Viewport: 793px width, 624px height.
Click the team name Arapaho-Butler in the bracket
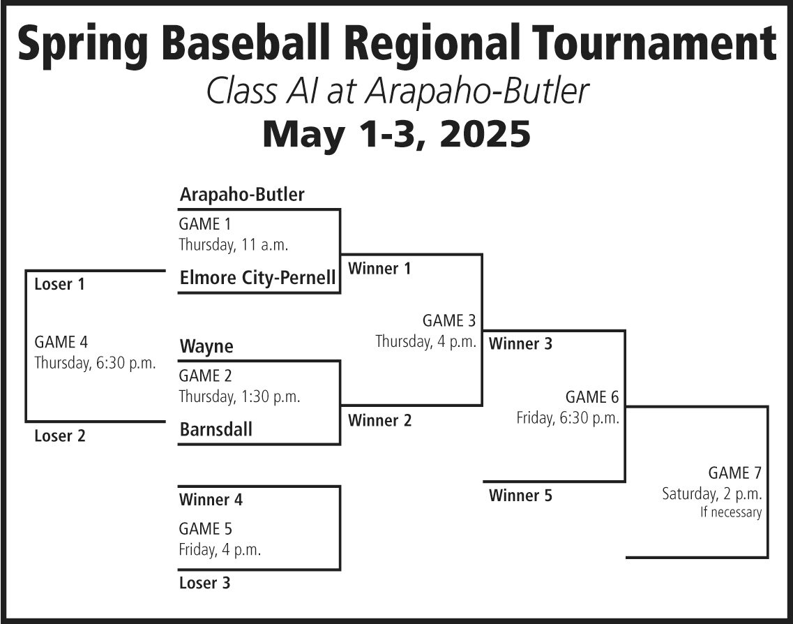[242, 194]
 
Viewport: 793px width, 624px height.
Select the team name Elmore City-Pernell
[258, 277]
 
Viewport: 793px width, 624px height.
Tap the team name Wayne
[206, 347]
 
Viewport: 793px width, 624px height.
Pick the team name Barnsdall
[216, 430]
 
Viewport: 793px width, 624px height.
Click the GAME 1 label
[205, 223]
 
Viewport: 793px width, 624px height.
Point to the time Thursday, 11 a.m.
[234, 245]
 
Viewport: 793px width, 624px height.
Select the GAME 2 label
[205, 376]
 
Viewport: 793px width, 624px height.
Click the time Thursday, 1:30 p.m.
[240, 396]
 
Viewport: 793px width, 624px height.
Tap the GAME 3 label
[449, 320]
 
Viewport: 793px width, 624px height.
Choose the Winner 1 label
[379, 268]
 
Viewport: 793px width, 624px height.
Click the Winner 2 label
[380, 420]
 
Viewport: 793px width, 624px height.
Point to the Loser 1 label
[59, 284]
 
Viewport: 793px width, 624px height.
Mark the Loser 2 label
[60, 436]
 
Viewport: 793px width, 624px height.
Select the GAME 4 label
[61, 342]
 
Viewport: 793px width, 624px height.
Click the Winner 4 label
[211, 500]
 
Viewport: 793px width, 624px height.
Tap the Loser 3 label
[204, 583]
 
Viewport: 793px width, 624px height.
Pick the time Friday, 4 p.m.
[220, 549]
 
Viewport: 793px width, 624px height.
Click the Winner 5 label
[520, 496]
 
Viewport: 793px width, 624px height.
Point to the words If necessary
[731, 512]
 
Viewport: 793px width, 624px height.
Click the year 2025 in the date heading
[485, 134]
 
